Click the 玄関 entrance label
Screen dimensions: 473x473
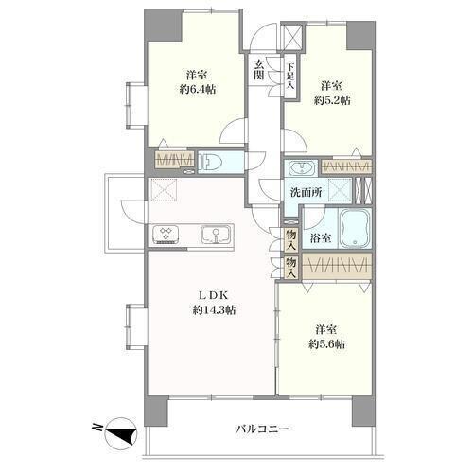pyautogui.click(x=259, y=69)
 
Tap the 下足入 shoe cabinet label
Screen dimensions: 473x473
pyautogui.click(x=290, y=76)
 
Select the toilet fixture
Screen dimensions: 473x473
pyautogui.click(x=210, y=163)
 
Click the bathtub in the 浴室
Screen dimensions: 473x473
pyautogui.click(x=356, y=228)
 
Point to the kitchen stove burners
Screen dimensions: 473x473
pyautogui.click(x=166, y=235)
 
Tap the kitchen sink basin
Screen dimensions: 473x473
pyautogui.click(x=216, y=235)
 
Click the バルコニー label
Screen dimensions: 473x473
pyautogui.click(x=262, y=429)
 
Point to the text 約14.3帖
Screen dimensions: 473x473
pyautogui.click(x=215, y=310)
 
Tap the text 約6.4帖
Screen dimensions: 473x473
pyautogui.click(x=198, y=90)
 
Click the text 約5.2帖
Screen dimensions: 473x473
pyautogui.click(x=332, y=100)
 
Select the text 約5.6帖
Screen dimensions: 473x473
pyautogui.click(x=326, y=343)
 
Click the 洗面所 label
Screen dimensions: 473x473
pyautogui.click(x=306, y=192)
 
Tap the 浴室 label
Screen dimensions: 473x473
pyautogui.click(x=321, y=238)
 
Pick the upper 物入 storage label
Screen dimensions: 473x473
pyautogui.click(x=291, y=239)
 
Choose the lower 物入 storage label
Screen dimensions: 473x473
pyautogui.click(x=291, y=267)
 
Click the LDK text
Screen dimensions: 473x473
pyautogui.click(x=213, y=296)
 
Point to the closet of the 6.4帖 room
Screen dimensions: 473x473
pyautogui.click(x=175, y=160)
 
